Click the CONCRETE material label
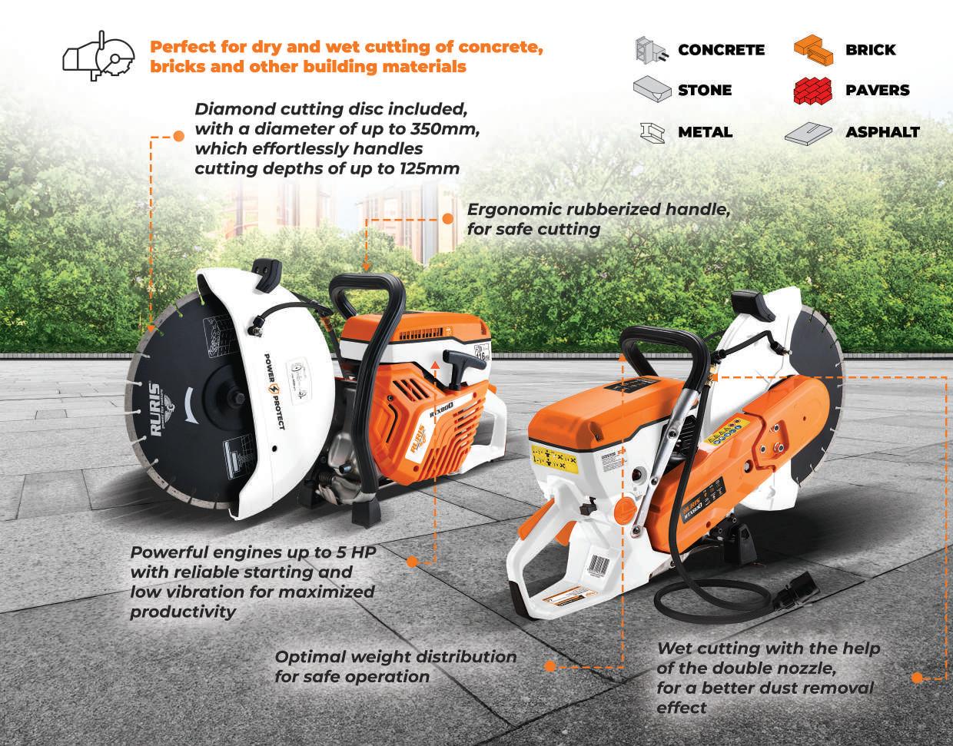pyautogui.click(x=720, y=51)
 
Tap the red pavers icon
pyautogui.click(x=812, y=91)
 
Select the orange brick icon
pyautogui.click(x=812, y=51)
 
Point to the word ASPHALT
pyautogui.click(x=882, y=132)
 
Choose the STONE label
pyautogui.click(x=704, y=91)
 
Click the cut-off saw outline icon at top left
pyautogui.click(x=95, y=54)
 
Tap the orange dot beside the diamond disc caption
pyautogui.click(x=179, y=136)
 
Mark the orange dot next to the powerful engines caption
pyautogui.click(x=411, y=562)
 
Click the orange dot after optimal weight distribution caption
pyautogui.click(x=550, y=666)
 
